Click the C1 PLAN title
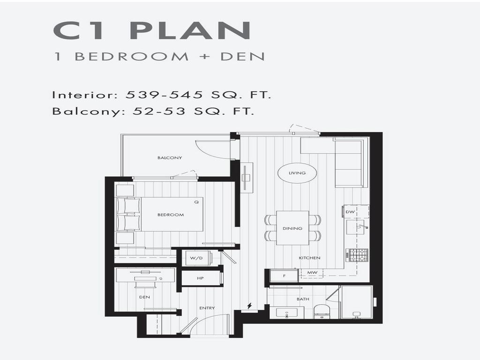pos(152,30)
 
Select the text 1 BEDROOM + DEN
pos(159,57)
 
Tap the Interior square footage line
pos(162,95)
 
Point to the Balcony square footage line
pos(153,112)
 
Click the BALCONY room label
pos(170,158)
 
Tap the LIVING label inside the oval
pos(297,173)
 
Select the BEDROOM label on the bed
pos(170,215)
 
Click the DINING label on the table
pos(292,228)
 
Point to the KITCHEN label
pos(310,258)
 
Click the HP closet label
pos(200,278)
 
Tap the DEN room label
pos(144,297)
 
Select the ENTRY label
pos(207,308)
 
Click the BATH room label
pos(302,299)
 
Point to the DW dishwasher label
pos(350,212)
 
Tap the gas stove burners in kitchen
pos(357,255)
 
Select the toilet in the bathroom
pos(322,311)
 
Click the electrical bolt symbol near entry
pos(249,306)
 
